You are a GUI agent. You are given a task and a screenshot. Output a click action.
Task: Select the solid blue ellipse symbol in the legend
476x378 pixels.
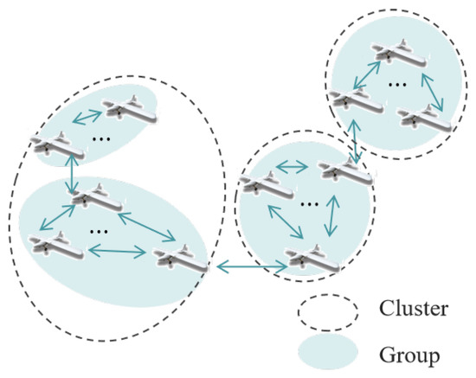click(x=328, y=352)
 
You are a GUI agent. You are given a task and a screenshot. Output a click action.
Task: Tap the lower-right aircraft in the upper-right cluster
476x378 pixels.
click(x=425, y=119)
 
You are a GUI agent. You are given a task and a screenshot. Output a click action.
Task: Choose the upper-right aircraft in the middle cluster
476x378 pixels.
click(x=345, y=172)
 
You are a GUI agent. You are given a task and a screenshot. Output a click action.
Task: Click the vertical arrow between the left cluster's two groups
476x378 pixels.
click(x=72, y=176)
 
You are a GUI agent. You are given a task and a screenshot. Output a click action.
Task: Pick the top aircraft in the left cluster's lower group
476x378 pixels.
click(x=100, y=198)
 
